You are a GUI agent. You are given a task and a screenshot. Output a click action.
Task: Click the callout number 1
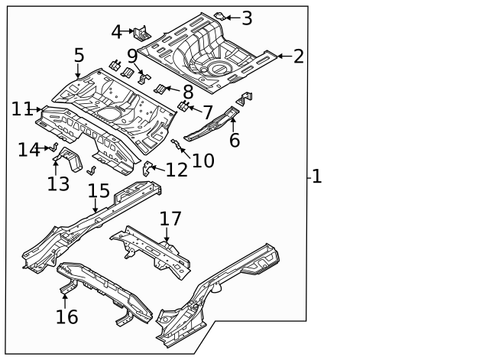316,177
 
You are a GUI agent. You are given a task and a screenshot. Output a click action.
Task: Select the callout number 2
298,56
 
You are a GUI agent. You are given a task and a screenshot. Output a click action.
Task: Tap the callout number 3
247,17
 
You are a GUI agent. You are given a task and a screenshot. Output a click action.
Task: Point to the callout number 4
117,32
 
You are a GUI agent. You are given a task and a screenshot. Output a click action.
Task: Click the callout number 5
79,56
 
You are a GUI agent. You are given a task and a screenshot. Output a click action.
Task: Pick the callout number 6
234,139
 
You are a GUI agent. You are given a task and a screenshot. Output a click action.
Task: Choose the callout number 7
207,112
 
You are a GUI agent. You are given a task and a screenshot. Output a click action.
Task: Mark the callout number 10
203,161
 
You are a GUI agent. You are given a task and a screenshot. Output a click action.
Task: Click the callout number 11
21,110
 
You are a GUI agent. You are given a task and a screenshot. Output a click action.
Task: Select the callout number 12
176,170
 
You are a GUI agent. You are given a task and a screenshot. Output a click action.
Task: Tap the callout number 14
28,150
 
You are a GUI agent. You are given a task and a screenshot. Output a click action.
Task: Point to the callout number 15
99,190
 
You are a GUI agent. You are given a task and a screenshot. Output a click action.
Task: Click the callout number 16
67,316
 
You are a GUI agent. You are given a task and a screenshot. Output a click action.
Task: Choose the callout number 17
170,219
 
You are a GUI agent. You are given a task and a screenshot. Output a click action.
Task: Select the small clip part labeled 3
219,15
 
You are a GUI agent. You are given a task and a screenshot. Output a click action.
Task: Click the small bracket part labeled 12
149,167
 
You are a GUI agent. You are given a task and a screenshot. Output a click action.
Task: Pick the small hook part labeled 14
53,148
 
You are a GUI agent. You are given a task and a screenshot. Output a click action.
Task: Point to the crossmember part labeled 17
153,248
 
